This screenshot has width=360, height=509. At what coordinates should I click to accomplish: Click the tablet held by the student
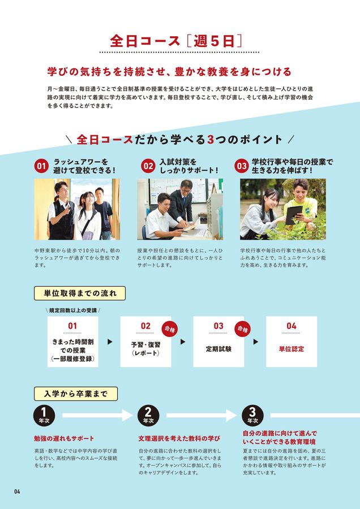(293, 214)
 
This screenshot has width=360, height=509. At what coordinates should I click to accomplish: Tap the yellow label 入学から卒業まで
(76, 393)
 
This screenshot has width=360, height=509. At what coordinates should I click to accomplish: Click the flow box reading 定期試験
(218, 342)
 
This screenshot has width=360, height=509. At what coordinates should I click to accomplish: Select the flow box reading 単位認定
(291, 342)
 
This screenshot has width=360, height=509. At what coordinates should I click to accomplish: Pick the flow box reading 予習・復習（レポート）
(145, 342)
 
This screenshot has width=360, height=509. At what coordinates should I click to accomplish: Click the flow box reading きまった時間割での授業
(72, 342)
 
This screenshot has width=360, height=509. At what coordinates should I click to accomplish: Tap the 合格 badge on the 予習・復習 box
(170, 328)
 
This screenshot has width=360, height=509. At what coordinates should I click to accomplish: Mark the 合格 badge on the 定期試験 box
(242, 328)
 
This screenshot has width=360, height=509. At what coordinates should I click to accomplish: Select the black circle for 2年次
(148, 416)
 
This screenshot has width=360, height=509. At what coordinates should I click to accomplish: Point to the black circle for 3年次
(252, 416)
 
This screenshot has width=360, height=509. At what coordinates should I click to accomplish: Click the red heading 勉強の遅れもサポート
(64, 439)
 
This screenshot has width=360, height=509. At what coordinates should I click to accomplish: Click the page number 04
(17, 491)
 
